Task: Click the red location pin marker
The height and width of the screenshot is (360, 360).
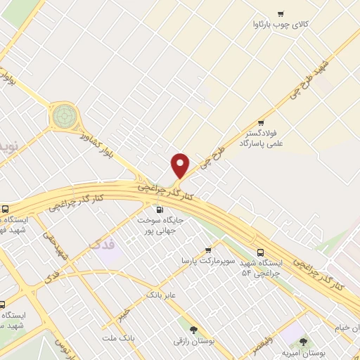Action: pyautogui.click(x=181, y=165)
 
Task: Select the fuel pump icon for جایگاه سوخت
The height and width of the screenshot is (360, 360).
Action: pyautogui.click(x=158, y=209)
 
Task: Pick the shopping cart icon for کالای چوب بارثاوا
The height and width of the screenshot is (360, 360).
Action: pyautogui.click(x=281, y=13)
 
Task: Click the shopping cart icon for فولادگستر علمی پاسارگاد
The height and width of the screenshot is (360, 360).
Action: pyautogui.click(x=262, y=121)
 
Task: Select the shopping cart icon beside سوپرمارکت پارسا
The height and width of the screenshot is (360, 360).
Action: pyautogui.click(x=208, y=250)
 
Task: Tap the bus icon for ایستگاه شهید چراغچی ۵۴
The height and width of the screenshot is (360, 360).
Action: pyautogui.click(x=261, y=252)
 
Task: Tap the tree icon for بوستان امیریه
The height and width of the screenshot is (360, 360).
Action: pyautogui.click(x=303, y=342)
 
